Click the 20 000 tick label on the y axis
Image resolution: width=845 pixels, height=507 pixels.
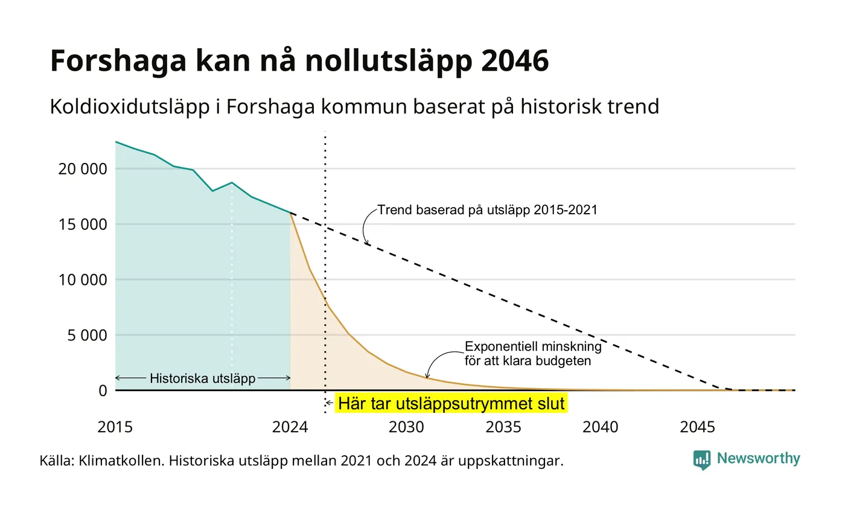[83, 169]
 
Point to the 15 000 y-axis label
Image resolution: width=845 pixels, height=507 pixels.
[83, 225]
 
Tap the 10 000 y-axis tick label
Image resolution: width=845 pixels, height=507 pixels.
[83, 280]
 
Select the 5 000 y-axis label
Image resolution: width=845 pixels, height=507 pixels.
[88, 336]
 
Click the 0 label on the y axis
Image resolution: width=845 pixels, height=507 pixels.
[103, 391]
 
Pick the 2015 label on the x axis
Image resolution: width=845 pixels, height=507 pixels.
[115, 427]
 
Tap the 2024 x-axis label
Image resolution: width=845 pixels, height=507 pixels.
[290, 427]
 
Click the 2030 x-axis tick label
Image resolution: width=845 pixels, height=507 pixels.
[407, 427]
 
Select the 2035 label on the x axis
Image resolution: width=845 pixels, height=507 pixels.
[503, 427]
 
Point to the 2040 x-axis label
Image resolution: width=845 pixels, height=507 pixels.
[601, 427]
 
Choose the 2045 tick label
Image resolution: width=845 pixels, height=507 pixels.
[698, 427]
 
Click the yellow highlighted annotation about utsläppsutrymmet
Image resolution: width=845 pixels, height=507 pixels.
[451, 403]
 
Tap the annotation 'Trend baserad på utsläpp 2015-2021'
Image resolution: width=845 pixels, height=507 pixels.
[488, 210]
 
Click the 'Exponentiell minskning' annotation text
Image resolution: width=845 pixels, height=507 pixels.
[533, 346]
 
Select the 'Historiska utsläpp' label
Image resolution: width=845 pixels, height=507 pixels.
[203, 378]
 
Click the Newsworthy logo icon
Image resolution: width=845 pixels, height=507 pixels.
[701, 460]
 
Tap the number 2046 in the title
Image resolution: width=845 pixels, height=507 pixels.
[515, 60]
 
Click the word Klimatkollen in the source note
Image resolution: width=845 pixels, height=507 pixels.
[121, 461]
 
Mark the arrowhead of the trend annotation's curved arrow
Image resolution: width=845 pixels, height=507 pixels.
[366, 243]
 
